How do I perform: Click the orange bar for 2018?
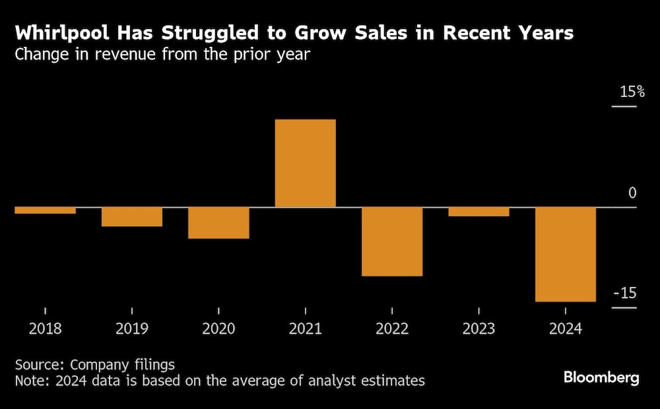pos(45,210)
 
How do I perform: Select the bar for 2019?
pos(132,217)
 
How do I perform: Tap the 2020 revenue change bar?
pos(218,223)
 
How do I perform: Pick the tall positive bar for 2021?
pos(305,164)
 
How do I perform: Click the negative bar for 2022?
pos(392,241)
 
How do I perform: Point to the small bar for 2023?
pos(478,212)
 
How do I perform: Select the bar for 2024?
pos(566,255)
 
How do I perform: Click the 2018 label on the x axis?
pos(45,329)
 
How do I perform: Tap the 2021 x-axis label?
pos(305,329)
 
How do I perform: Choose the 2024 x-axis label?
pos(566,329)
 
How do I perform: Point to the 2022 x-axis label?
pos(392,329)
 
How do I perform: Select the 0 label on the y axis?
pos(632,193)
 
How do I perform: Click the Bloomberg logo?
pos(601,377)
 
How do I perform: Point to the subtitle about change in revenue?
pos(162,54)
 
